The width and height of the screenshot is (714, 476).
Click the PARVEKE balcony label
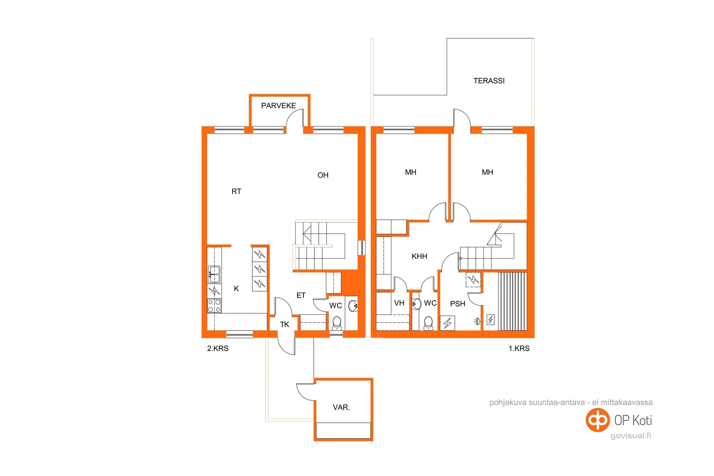[x=278, y=106]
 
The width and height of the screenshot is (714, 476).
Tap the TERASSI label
[x=489, y=81]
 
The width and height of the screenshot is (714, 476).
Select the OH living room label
[x=323, y=175]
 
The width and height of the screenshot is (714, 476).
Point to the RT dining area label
[x=236, y=191]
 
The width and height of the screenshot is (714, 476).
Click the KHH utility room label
[x=419, y=256]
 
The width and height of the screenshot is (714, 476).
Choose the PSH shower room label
[x=458, y=303]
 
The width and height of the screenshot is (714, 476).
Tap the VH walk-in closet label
[x=399, y=303]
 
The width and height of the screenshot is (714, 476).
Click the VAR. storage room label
[x=341, y=407]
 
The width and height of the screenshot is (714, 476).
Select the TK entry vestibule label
[x=284, y=325]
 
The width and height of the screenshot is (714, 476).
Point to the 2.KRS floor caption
[x=218, y=348]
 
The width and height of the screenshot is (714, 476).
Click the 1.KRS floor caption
[x=519, y=348]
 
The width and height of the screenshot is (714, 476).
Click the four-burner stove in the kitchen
[x=214, y=306]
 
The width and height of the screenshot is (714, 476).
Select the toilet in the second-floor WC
[x=337, y=323]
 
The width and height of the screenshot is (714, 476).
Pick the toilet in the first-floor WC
[x=428, y=323]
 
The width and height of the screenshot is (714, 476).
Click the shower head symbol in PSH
[x=477, y=321]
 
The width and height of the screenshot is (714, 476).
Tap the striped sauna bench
[x=512, y=301]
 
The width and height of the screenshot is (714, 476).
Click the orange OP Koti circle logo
[x=598, y=420]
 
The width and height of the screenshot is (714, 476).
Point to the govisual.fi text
[x=630, y=436]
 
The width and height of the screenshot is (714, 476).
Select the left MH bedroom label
[x=411, y=173]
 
